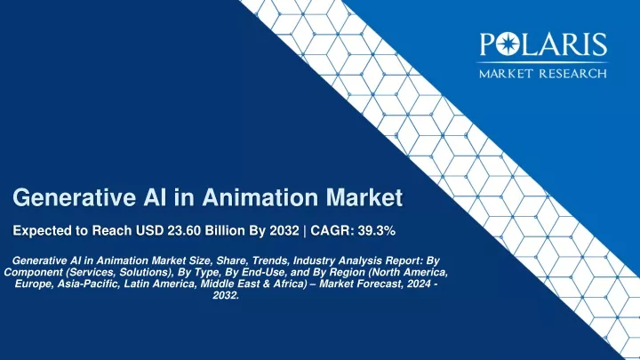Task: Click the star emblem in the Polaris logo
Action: (508, 44)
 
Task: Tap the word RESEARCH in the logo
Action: (572, 74)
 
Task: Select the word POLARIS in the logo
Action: (543, 44)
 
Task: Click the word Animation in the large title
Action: (260, 197)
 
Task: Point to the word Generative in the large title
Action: (75, 197)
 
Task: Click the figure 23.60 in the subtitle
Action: (184, 230)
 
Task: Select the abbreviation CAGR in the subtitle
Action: (332, 230)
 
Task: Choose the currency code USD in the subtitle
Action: (150, 230)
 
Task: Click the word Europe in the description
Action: (34, 284)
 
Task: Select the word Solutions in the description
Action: (144, 272)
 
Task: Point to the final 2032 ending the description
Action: (226, 295)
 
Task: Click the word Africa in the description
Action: (290, 284)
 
